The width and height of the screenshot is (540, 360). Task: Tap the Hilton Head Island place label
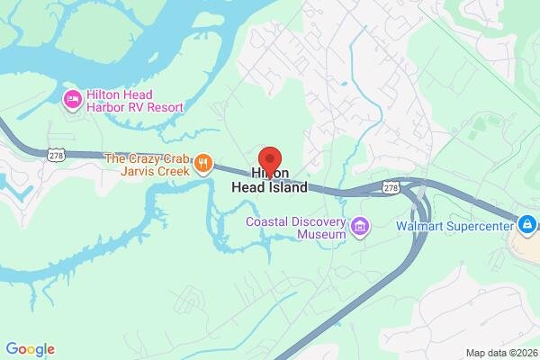[x=279, y=180]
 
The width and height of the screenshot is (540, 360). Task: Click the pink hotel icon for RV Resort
[x=71, y=100]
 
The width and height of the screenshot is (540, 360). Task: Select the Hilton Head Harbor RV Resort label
[x=134, y=100]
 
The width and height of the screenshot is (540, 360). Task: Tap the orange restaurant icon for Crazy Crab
[x=204, y=164]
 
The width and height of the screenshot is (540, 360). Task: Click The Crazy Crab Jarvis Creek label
[x=147, y=164]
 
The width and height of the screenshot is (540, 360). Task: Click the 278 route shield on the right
[x=390, y=187]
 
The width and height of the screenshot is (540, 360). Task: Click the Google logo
[x=30, y=349]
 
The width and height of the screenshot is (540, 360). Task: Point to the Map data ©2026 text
[x=500, y=352]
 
